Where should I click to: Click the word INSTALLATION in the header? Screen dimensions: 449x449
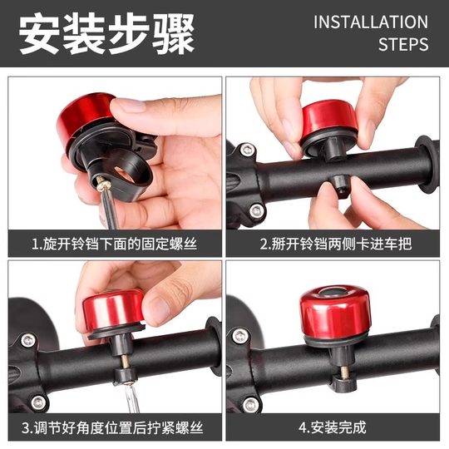point(370,22)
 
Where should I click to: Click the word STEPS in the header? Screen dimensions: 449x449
point(403,44)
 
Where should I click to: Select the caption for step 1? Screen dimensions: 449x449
point(115,244)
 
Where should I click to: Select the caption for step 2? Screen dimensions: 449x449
point(335,244)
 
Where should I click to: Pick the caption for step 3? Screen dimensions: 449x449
point(115,429)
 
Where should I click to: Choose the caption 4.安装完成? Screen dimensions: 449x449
point(335,429)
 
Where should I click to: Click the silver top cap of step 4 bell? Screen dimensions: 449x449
point(330,292)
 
